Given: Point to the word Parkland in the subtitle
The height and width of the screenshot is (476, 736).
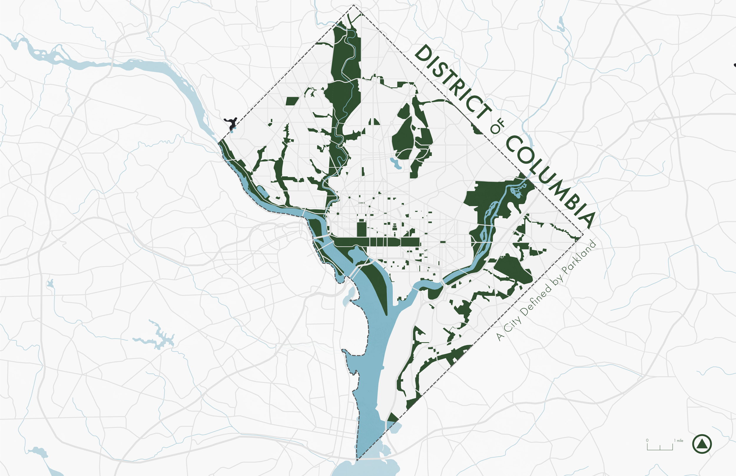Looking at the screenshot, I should [579, 257].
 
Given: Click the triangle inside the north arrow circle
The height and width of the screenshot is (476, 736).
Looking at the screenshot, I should [702, 445].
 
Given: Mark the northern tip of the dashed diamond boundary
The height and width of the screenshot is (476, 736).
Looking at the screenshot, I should [353, 5].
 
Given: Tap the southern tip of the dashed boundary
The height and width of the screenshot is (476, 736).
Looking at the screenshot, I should [357, 460].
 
